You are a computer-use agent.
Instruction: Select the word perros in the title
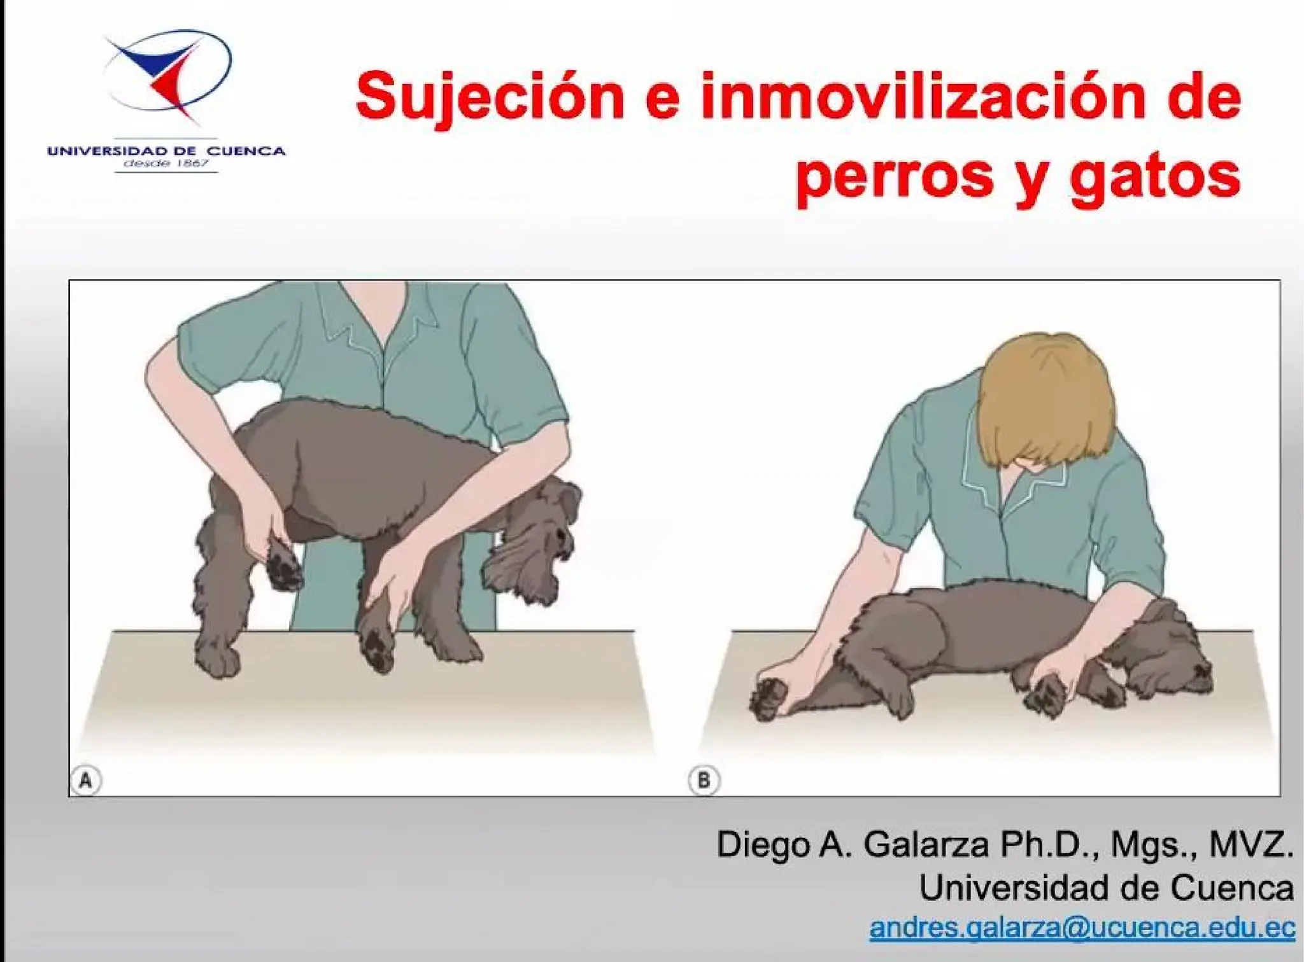tap(895, 174)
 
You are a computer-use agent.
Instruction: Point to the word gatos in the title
tap(1155, 174)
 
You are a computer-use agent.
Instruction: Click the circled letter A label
tap(86, 780)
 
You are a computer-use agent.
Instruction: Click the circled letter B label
tap(704, 780)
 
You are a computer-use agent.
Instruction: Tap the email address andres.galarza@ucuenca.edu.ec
tap(1082, 927)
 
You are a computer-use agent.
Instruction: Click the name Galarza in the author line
tap(926, 845)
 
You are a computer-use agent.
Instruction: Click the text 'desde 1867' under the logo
tap(166, 164)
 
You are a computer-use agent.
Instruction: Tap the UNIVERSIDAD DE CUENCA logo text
tap(166, 151)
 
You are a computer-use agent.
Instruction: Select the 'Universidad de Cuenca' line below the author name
tap(1106, 887)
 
